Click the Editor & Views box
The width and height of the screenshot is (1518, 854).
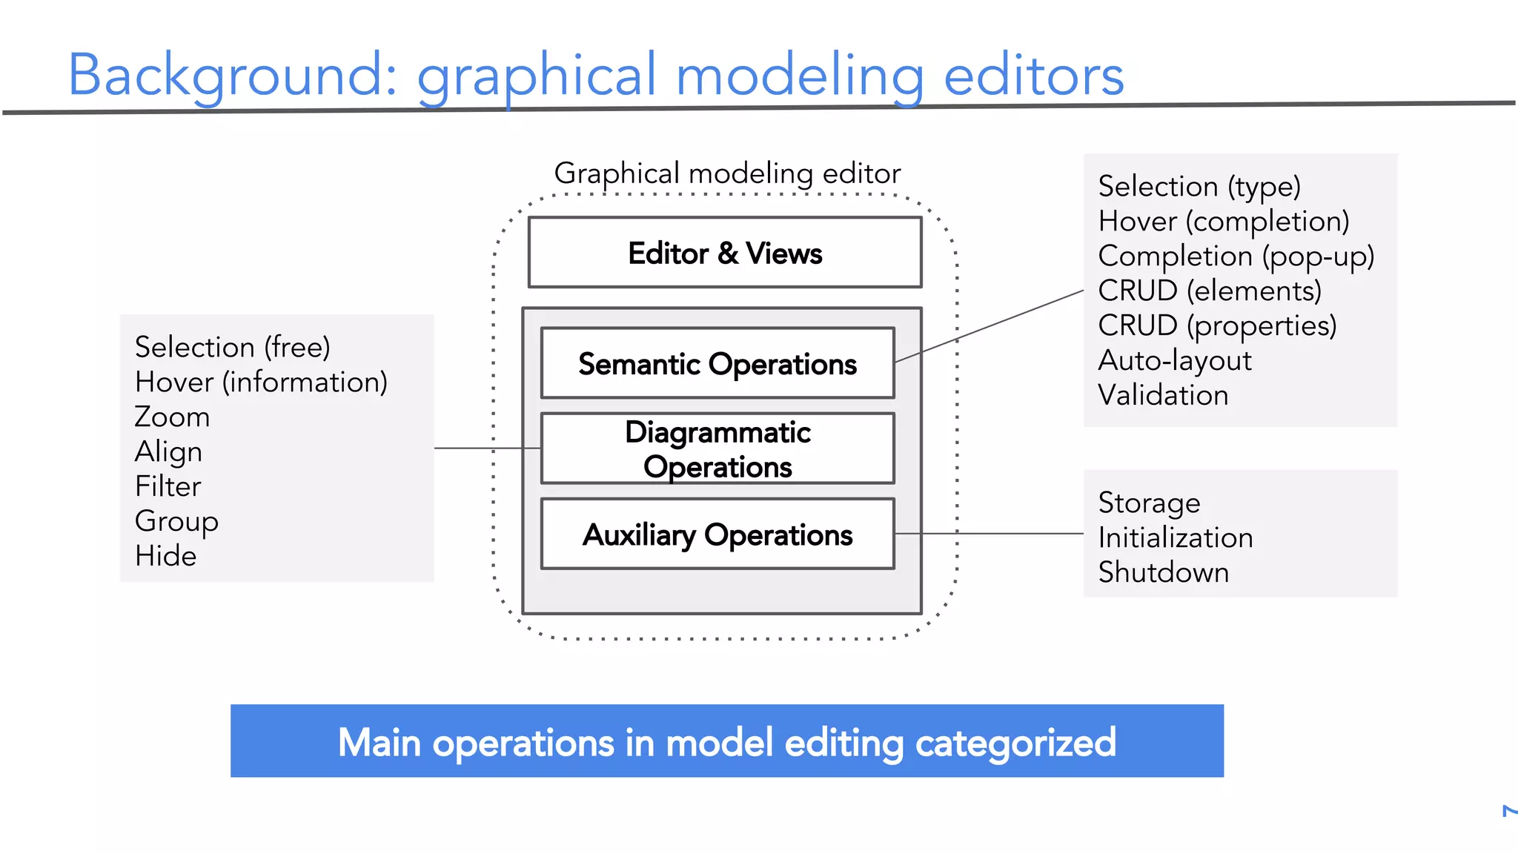click(x=725, y=253)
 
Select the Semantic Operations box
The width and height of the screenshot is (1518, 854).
click(x=717, y=363)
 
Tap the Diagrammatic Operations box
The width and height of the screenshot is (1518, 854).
click(x=717, y=448)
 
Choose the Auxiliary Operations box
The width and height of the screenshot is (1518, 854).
click(x=717, y=534)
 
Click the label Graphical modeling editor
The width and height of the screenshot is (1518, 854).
click(x=727, y=173)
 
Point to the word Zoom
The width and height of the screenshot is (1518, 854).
click(x=172, y=417)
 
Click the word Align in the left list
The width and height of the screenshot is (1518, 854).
click(x=168, y=451)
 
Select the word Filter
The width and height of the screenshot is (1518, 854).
click(x=168, y=486)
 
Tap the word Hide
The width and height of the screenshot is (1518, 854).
click(x=165, y=556)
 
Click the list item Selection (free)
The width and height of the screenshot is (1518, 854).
click(x=232, y=347)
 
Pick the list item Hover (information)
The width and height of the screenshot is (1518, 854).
click(x=261, y=382)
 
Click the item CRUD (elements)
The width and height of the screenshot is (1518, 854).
click(x=1210, y=291)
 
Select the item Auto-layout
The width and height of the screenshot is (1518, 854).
click(x=1175, y=360)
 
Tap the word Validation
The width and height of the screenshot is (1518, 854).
click(x=1163, y=395)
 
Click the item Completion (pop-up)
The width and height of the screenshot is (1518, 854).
click(x=1236, y=256)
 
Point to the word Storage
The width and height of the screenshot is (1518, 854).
click(x=1149, y=503)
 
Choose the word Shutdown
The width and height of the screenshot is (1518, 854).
click(x=1164, y=572)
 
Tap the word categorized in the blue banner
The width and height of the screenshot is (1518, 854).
click(x=1015, y=743)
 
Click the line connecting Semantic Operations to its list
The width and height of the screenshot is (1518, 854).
click(x=990, y=326)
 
